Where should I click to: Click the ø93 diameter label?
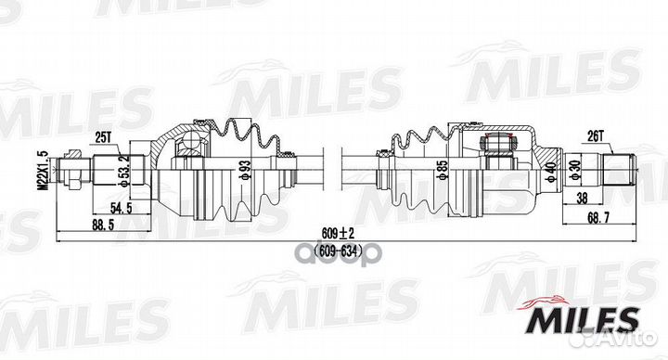(x=246, y=170)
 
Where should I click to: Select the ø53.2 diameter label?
(x=123, y=170)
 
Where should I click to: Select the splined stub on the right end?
(x=617, y=171)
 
